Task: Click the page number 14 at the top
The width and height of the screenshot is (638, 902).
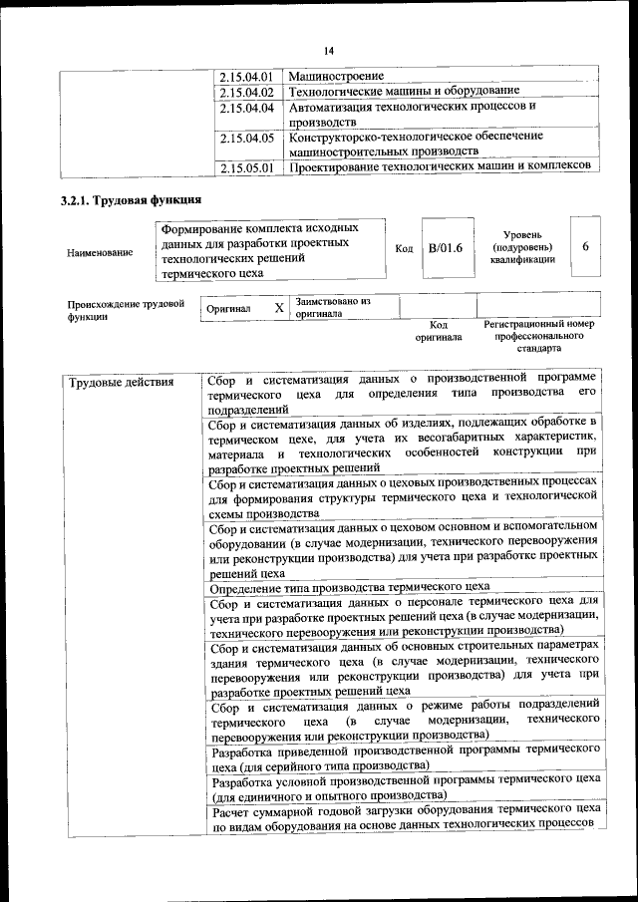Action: [x=329, y=51]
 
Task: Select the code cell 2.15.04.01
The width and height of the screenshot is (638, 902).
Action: [x=247, y=76]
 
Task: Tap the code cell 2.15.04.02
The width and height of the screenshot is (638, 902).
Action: [x=247, y=92]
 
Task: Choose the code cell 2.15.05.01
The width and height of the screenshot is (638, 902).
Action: [x=247, y=167]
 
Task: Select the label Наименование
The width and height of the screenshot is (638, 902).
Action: [x=100, y=253]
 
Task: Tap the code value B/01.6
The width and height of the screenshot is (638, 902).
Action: [x=446, y=248]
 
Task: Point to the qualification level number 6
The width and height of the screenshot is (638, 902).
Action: [x=585, y=246]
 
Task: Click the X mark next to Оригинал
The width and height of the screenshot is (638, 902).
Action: [x=279, y=308]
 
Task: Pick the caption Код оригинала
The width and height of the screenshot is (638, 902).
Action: [x=439, y=331]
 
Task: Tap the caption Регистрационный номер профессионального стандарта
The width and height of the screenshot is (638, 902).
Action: [x=538, y=337]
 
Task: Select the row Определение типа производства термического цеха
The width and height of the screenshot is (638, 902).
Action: [x=349, y=587]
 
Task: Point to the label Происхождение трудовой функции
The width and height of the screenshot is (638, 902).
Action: [x=126, y=309]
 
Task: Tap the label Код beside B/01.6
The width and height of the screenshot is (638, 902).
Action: [x=404, y=248]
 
